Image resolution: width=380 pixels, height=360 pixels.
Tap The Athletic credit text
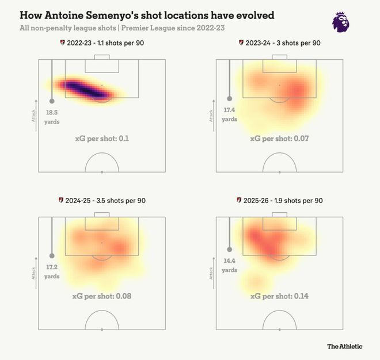click(345, 346)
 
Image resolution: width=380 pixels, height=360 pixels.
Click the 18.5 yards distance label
click(52, 118)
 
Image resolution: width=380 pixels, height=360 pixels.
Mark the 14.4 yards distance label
click(229, 266)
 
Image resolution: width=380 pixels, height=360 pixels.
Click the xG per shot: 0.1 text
click(101, 139)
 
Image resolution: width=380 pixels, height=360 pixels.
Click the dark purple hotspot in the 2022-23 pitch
click(86, 89)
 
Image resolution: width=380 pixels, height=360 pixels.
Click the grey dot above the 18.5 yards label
click(52, 101)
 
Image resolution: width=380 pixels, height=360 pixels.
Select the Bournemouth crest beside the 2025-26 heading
click(240, 200)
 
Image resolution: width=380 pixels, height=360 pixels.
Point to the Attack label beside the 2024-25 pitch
click(33, 273)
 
